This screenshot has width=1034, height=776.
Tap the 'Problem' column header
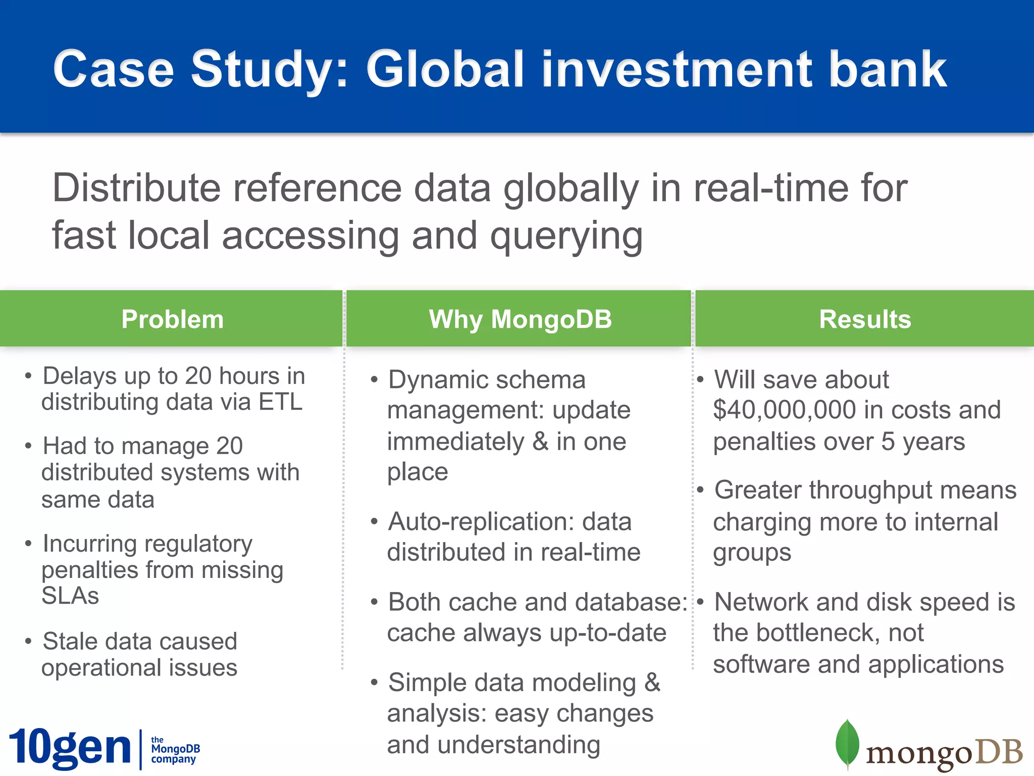click(x=172, y=319)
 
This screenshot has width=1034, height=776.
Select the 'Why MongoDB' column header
click(x=520, y=319)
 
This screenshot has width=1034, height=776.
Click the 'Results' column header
click(x=865, y=319)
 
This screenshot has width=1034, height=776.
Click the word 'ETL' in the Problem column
click(x=280, y=402)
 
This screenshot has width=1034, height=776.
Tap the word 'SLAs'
click(x=70, y=596)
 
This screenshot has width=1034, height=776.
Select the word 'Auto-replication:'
click(x=481, y=521)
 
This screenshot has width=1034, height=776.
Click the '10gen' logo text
click(x=70, y=748)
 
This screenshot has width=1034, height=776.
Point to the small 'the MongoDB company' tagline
click(x=175, y=749)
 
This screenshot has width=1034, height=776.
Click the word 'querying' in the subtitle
click(x=566, y=236)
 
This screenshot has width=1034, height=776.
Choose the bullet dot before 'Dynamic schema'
click(x=374, y=380)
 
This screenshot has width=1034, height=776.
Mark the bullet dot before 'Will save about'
click(x=700, y=380)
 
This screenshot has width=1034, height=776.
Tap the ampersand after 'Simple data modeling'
click(x=652, y=683)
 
